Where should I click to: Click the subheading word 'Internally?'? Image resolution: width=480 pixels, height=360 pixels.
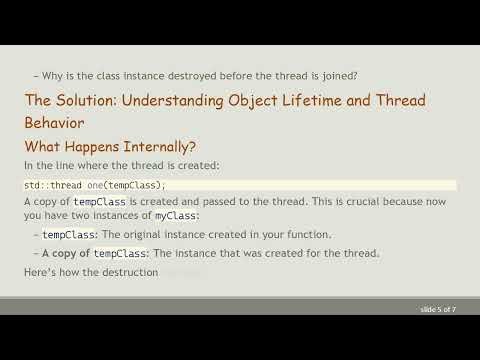[x=170, y=146]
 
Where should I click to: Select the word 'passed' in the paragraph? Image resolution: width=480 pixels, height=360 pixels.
[x=246, y=201]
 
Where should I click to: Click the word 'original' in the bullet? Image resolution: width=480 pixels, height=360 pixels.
[x=171, y=235]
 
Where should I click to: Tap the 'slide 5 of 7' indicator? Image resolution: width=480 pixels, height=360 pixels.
[x=438, y=310]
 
